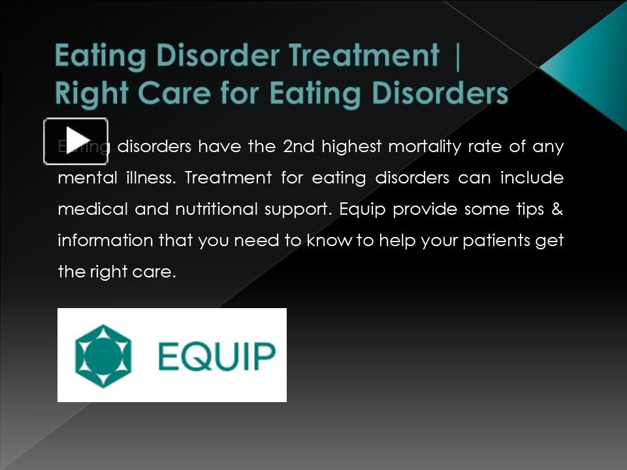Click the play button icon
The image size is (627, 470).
[x=76, y=141]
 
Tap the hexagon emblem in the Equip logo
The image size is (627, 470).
[x=103, y=356]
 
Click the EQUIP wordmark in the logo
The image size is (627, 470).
[x=217, y=356]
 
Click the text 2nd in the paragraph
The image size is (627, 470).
[x=298, y=146]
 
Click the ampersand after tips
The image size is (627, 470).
[x=558, y=209]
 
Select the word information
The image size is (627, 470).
[x=106, y=240]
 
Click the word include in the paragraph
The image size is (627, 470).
[x=532, y=178]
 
